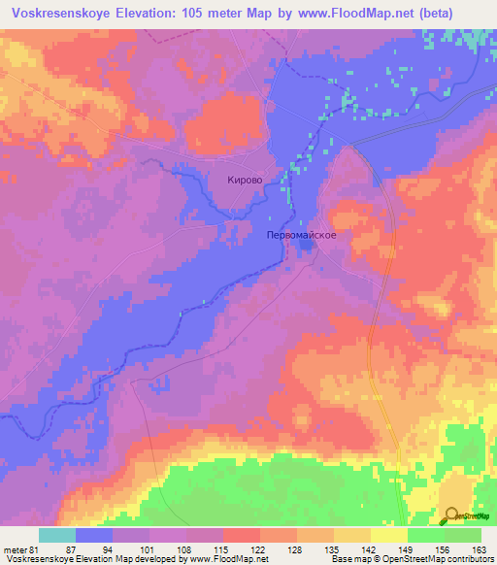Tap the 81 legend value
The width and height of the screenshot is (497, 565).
click(x=39, y=548)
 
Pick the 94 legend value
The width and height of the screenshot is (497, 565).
click(x=114, y=548)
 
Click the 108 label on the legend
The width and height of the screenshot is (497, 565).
click(x=187, y=548)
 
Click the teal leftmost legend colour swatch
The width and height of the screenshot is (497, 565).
click(x=57, y=535)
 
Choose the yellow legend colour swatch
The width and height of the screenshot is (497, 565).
click(x=389, y=535)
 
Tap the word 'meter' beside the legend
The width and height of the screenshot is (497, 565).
click(x=15, y=548)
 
